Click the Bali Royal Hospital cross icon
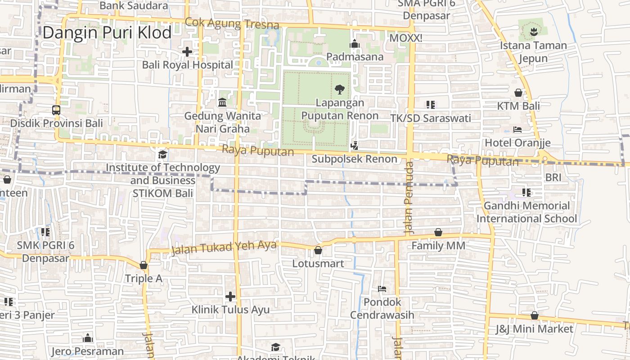point(187,52)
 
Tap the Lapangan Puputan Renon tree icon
point(340,89)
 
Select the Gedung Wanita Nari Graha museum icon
point(222,103)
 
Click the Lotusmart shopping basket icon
point(318,250)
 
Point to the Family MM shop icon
point(438,232)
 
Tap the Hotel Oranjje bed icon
point(517,130)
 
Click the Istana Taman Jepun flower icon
point(533,32)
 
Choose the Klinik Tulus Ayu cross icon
point(230,297)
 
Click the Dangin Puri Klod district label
point(107,33)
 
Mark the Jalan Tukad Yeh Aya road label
point(224,247)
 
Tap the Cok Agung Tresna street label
point(232,23)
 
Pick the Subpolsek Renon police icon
point(355,145)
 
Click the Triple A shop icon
point(144,265)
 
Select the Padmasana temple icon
point(355,44)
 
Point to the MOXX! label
point(405,38)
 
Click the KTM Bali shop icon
point(518,93)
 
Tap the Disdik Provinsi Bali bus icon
point(56,110)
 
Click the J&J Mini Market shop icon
point(535,315)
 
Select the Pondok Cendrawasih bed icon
point(382,288)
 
